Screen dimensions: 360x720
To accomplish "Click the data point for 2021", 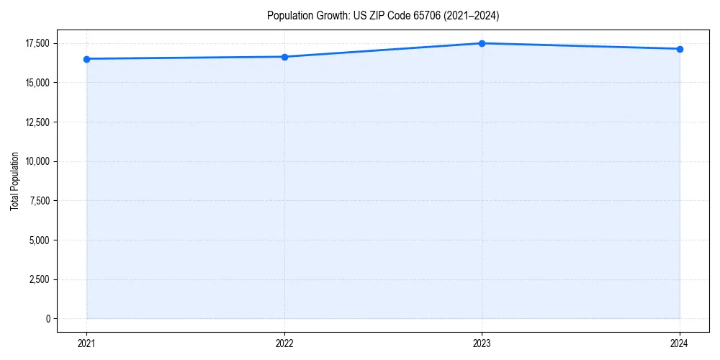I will tap(86, 59).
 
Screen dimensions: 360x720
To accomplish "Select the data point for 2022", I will tap(284, 57).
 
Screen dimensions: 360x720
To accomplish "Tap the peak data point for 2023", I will tap(482, 43).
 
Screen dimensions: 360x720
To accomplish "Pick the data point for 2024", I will tap(680, 49).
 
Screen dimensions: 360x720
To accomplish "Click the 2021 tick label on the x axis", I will tap(86, 343).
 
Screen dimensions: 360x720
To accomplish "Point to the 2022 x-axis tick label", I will tap(284, 343).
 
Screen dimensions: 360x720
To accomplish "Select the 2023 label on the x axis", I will tap(482, 343).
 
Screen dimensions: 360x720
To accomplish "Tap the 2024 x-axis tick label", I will tap(680, 343).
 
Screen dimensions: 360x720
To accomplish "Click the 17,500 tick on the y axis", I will tap(37, 44).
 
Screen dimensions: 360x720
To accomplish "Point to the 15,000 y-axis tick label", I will tap(37, 83).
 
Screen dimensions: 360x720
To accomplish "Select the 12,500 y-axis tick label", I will tap(37, 122).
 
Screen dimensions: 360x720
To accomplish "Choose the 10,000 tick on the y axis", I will tap(37, 161).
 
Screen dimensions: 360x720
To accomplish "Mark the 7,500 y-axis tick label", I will tap(40, 201).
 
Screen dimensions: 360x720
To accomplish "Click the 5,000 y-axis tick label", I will tap(40, 240).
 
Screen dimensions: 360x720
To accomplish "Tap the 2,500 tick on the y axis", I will tap(40, 279).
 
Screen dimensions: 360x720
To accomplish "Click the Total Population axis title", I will tap(14, 181).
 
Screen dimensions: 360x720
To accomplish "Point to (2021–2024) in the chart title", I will tap(472, 15).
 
